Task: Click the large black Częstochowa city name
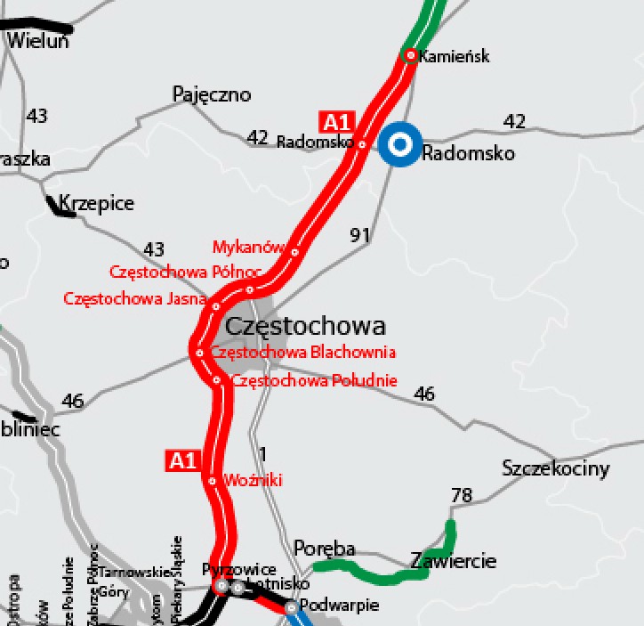click(305, 326)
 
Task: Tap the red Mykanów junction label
click(248, 247)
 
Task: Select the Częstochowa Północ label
click(172, 272)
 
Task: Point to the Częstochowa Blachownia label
click(302, 353)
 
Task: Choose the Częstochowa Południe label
click(314, 381)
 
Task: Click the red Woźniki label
click(254, 480)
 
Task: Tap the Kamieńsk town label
click(455, 56)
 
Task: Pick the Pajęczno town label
click(212, 94)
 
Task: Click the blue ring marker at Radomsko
click(400, 143)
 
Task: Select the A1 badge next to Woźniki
click(182, 460)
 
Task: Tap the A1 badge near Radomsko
click(337, 122)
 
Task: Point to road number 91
click(360, 235)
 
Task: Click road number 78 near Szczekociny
click(462, 495)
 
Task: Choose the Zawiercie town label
click(453, 561)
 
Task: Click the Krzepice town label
click(96, 203)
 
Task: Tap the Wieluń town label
click(37, 40)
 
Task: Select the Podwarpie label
click(339, 606)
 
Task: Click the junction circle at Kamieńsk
click(411, 55)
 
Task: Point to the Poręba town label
click(324, 548)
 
